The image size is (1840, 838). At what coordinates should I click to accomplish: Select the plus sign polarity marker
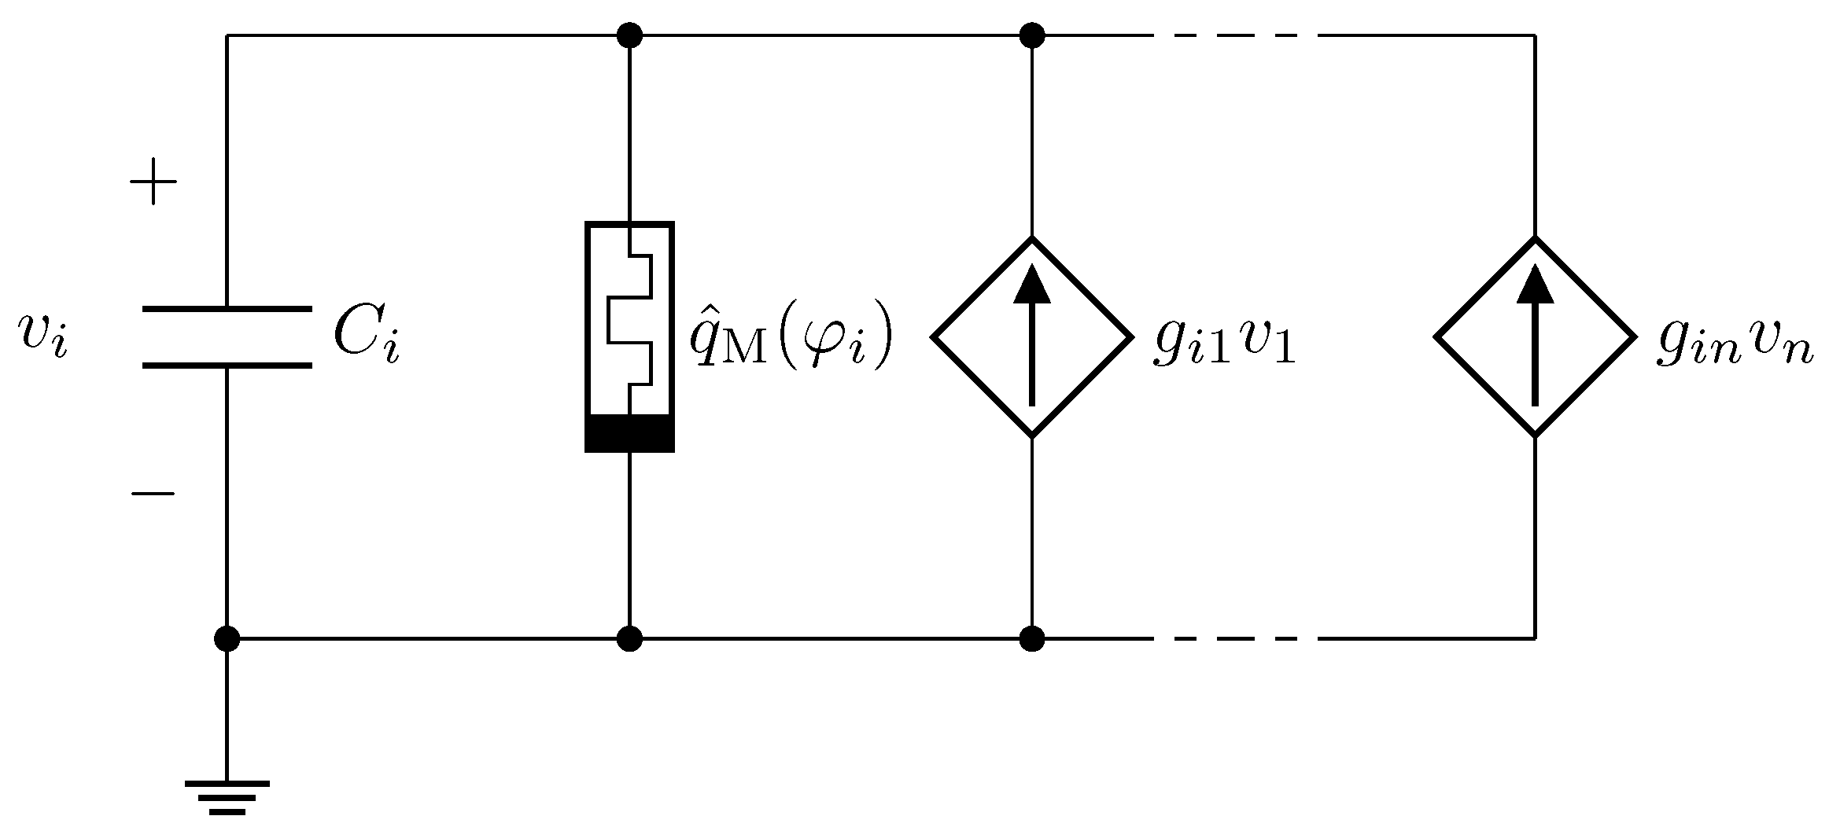click(x=153, y=182)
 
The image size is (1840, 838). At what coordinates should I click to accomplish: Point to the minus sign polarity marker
click(x=153, y=494)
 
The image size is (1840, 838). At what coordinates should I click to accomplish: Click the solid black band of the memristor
click(x=629, y=433)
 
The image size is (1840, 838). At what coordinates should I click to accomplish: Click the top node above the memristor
click(x=629, y=35)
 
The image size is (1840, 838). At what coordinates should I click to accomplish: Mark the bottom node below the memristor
click(x=629, y=638)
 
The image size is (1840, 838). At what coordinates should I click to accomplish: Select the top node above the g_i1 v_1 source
click(x=1032, y=35)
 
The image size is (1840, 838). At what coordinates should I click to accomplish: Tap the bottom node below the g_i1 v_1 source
click(x=1032, y=638)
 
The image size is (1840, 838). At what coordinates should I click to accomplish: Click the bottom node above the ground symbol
click(x=227, y=638)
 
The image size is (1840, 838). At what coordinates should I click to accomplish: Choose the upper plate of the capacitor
click(x=227, y=309)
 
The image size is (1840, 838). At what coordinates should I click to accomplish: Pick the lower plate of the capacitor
click(x=227, y=366)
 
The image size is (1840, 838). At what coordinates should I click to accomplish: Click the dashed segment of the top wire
click(x=1235, y=35)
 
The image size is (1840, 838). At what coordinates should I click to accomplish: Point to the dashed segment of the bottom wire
click(x=1235, y=638)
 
